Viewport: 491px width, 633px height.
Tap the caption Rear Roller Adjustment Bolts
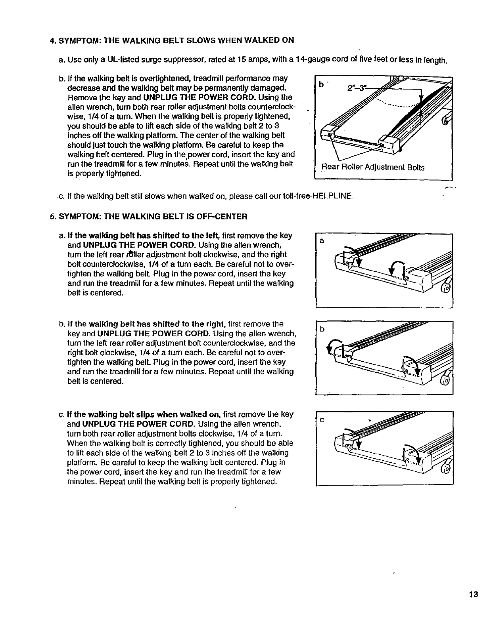372,168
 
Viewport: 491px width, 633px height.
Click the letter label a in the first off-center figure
322,241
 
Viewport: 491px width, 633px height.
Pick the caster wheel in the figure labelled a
447,288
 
